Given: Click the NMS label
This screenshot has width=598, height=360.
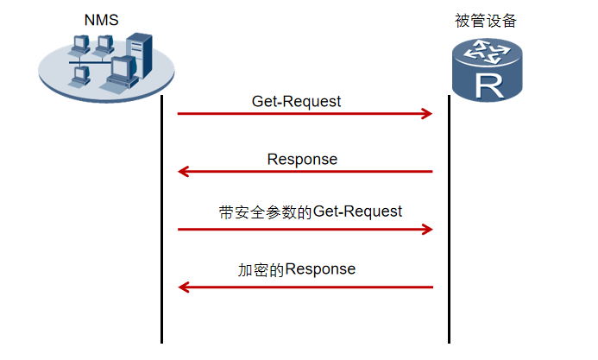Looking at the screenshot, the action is pos(102,20).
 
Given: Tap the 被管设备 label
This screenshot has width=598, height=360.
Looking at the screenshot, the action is pos(486,21).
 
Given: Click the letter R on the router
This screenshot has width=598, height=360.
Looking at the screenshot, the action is pos(489,87).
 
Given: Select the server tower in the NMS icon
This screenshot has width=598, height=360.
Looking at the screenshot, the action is pos(140,55).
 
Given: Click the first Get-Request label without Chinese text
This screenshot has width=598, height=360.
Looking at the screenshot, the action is pos(296,102).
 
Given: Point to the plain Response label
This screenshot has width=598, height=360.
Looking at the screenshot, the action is pos(302,160).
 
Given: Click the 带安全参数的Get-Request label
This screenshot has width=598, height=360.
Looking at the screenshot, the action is pos(311,212).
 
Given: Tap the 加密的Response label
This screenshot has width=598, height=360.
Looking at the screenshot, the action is pos(297,269).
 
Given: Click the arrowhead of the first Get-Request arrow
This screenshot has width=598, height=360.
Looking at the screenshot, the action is pos(428,114).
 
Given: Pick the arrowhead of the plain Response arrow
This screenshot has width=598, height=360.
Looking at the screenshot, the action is pos(183,172).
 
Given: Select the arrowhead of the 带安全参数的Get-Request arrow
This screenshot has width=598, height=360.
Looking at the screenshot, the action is pos(428,229).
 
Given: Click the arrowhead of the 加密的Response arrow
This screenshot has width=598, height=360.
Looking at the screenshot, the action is pos(184,287).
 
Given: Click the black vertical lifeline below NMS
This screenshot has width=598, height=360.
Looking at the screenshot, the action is pos(161,219).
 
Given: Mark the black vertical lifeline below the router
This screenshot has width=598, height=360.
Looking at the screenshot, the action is pos(449,219).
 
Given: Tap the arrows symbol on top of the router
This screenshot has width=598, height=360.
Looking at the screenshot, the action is pos(487,53).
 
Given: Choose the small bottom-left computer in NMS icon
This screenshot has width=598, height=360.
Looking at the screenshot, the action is pos(80,76).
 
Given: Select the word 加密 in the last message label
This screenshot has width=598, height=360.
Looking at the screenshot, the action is pos(253,270).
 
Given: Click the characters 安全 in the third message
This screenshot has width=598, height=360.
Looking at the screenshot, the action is pos(249,212).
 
